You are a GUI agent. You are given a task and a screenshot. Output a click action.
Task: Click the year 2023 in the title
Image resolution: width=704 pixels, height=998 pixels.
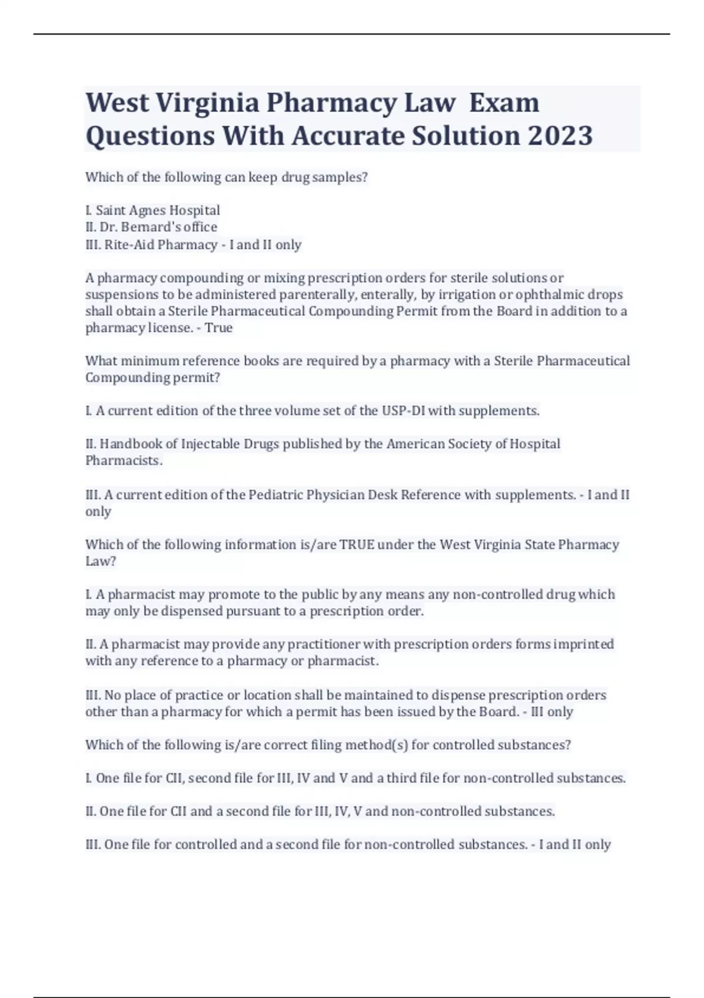pyautogui.click(x=560, y=136)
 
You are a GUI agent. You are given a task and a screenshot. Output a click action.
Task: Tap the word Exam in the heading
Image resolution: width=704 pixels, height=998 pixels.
pyautogui.click(x=504, y=103)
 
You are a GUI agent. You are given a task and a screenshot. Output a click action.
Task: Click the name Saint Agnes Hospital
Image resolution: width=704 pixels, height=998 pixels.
pyautogui.click(x=158, y=210)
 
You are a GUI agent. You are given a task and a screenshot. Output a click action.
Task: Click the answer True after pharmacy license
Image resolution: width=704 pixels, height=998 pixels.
pyautogui.click(x=219, y=328)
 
